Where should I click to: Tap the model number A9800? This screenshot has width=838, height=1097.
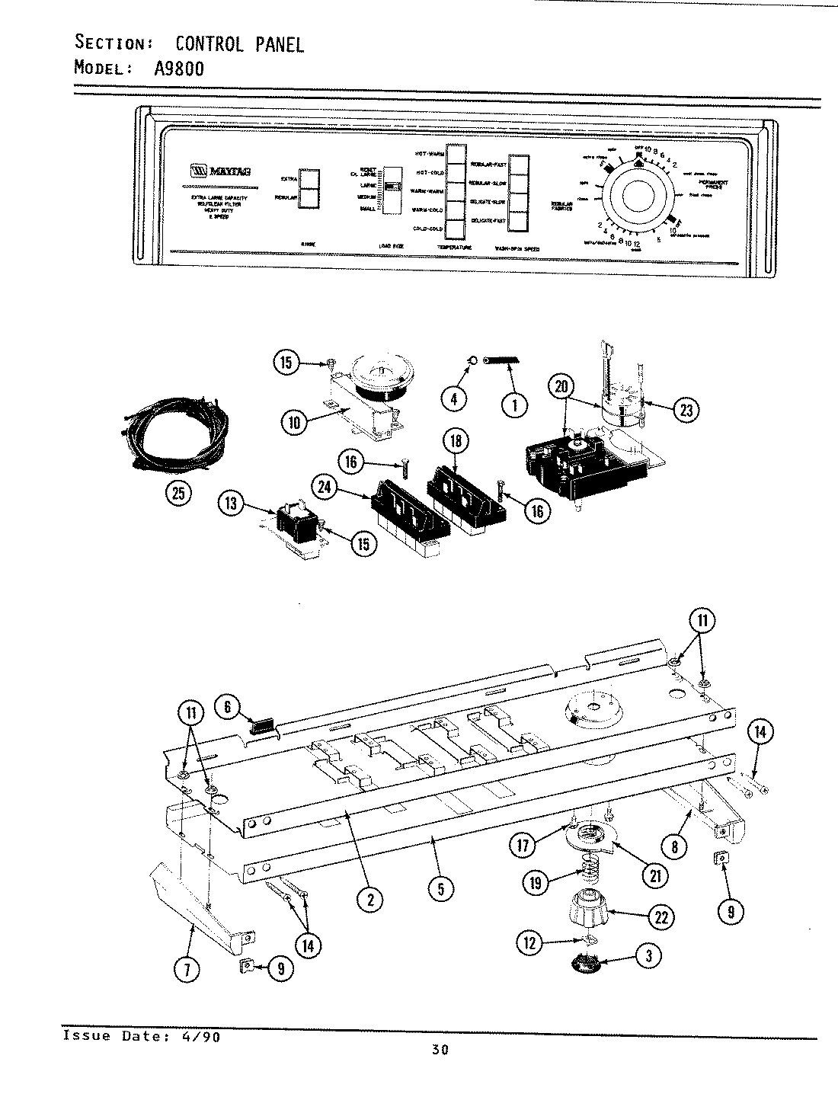tap(179, 68)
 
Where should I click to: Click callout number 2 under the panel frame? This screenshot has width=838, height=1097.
tap(369, 900)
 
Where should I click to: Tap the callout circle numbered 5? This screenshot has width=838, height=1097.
tap(440, 888)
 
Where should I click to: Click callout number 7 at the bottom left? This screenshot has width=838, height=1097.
tap(187, 969)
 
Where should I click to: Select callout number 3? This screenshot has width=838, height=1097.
tap(648, 958)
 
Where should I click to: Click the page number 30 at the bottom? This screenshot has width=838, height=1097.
tap(440, 1050)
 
